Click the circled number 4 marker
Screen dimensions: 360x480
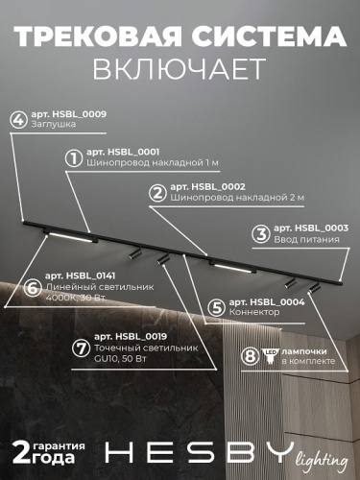(x=17, y=120)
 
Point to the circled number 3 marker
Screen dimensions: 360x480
(x=259, y=233)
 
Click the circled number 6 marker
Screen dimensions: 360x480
(x=32, y=287)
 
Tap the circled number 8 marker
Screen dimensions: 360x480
(x=251, y=355)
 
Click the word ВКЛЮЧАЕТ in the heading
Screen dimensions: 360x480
(x=180, y=69)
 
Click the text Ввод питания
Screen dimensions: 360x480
(x=301, y=238)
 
